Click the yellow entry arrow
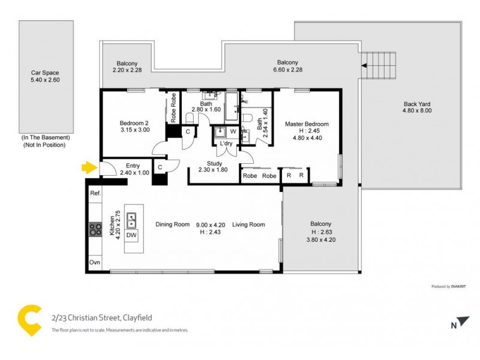tap(88, 168)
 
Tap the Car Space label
tap(46, 76)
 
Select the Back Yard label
tap(417, 107)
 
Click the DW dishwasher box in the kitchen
tap(131, 236)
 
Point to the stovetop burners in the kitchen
tap(95, 229)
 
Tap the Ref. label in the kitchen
tap(95, 194)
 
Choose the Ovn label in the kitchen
tap(95, 263)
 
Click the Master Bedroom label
tap(307, 124)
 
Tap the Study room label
tap(214, 163)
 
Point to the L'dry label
tap(226, 144)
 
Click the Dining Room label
tap(173, 225)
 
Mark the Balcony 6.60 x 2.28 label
tap(287, 67)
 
